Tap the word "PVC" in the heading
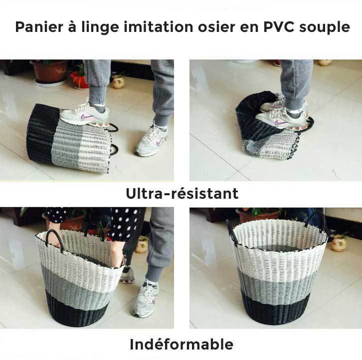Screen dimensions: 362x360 coord(279,27)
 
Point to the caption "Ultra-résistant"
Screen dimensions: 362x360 coord(182,194)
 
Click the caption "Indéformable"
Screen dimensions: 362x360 coord(181,345)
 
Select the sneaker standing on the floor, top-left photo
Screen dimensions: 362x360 coord(152,141)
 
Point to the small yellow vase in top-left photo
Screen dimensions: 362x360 coord(118,81)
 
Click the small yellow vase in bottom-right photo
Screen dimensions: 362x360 coord(339,243)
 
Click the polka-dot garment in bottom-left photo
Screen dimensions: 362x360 coord(125,223)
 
